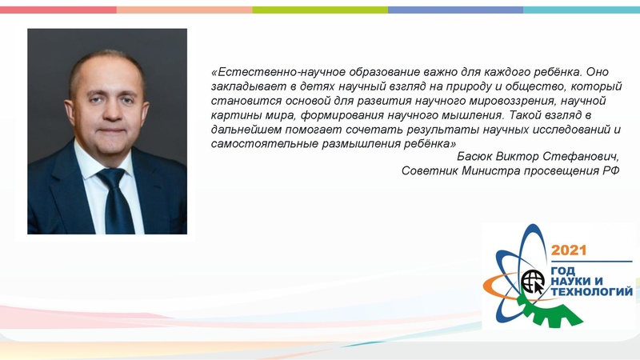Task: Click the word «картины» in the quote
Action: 234,114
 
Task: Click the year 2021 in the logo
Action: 570,249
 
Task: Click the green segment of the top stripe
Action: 320,10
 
